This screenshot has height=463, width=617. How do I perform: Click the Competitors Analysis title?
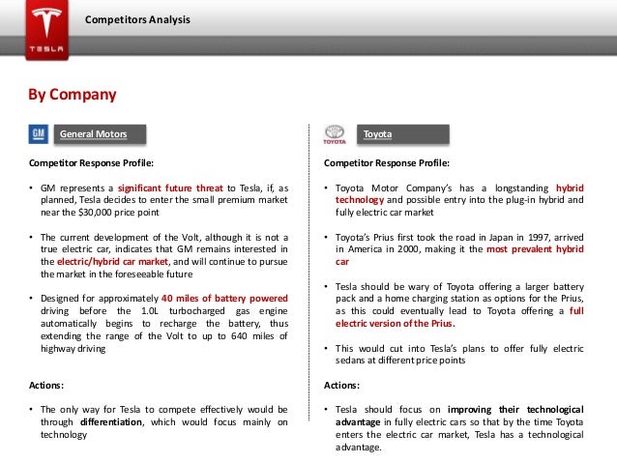[x=136, y=20]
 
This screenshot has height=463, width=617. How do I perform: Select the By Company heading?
[x=72, y=95]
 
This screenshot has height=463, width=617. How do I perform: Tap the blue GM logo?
[x=37, y=132]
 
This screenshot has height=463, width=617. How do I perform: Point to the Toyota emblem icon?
[x=333, y=132]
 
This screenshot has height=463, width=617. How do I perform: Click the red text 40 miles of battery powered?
[x=223, y=298]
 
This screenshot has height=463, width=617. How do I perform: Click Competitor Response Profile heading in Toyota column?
[x=387, y=162]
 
